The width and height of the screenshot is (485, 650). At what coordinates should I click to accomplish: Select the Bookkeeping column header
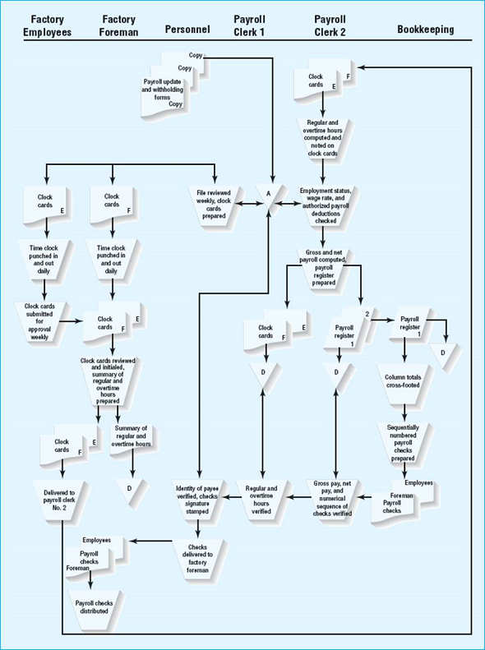425,30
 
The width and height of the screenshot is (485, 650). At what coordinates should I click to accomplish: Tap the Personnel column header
187,30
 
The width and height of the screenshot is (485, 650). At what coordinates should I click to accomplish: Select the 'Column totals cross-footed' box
404,383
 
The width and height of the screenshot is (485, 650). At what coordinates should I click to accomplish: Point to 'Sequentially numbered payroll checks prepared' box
404,440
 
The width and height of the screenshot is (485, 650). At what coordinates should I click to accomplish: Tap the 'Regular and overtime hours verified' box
261,500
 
